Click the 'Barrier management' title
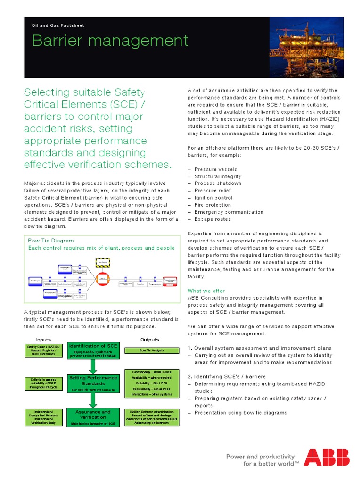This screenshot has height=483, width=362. point(110,41)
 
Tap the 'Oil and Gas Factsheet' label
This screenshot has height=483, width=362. point(58,25)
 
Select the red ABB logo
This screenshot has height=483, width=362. point(327,458)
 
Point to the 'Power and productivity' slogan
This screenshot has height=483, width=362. point(261,457)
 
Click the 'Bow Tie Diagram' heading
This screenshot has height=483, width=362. point(51,241)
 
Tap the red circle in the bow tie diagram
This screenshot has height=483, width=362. point(102,280)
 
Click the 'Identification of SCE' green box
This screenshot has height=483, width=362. point(93,351)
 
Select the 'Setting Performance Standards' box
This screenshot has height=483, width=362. point(93,383)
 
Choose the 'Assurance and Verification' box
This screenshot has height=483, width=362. point(93,417)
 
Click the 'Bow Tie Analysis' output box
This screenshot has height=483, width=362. point(151,350)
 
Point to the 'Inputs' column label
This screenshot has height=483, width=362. point(43,340)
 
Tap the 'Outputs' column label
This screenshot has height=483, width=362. point(150,340)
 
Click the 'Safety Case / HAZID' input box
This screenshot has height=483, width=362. point(43,350)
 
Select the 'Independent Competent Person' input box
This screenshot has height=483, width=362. point(43,417)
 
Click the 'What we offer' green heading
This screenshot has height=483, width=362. point(206,291)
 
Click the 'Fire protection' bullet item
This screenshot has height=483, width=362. point(213,205)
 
